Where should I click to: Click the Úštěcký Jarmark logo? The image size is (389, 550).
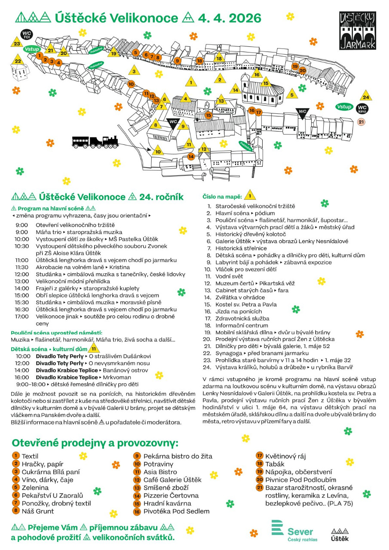(357, 31)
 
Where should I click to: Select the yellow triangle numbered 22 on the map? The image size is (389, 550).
(18, 61)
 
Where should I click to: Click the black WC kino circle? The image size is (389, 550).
(362, 108)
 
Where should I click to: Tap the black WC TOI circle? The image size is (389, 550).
(27, 34)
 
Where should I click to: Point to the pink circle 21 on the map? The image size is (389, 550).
(361, 122)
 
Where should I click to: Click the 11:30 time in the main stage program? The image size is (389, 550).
(21, 267)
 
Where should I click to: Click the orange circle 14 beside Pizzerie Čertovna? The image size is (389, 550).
(138, 495)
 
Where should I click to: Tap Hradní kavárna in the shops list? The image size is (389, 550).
(167, 503)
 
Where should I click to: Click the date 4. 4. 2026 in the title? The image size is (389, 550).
(230, 18)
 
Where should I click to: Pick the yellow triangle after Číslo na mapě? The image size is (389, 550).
(250, 196)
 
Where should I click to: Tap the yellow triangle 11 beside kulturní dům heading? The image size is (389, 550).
(94, 349)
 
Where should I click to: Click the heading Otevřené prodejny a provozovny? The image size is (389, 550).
(95, 443)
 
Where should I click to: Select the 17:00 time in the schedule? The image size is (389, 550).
(21, 316)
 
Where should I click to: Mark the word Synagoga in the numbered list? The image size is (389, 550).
(230, 353)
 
